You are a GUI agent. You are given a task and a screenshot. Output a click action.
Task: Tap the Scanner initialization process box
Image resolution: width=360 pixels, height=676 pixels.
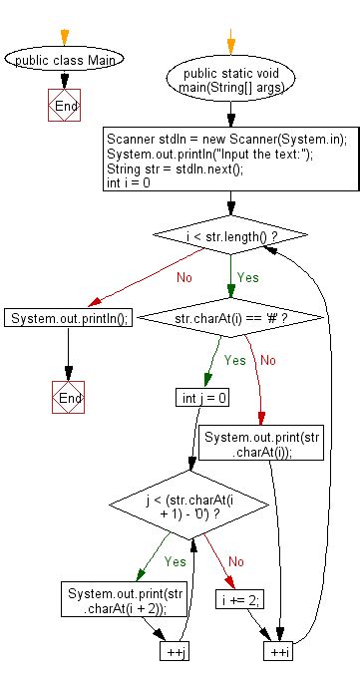(230, 158)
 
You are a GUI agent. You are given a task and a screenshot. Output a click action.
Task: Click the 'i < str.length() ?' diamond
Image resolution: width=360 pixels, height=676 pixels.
(230, 235)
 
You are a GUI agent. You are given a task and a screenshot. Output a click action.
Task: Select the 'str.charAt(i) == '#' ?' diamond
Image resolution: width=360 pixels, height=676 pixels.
(230, 318)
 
